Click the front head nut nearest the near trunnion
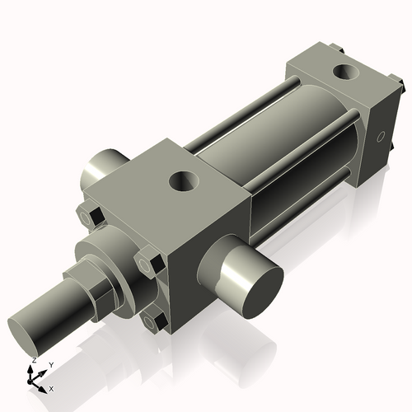click(148, 264)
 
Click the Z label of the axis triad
click(33, 361)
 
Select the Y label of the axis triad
click(50, 363)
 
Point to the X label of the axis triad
click(51, 387)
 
